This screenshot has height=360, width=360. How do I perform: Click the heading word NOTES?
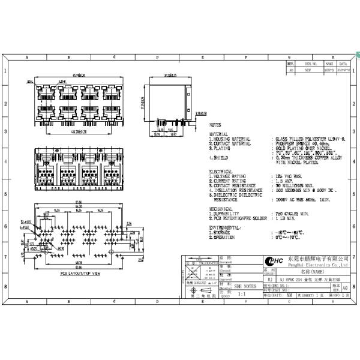pyautogui.click(x=215, y=125)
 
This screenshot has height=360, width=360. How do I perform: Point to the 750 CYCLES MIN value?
pyautogui.click(x=292, y=213)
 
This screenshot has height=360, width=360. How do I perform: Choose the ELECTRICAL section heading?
pyautogui.click(x=220, y=172)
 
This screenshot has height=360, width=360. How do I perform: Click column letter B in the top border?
pyautogui.click(x=69, y=58)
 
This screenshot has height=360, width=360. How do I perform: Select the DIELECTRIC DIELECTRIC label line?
pyautogui.click(x=238, y=194)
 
